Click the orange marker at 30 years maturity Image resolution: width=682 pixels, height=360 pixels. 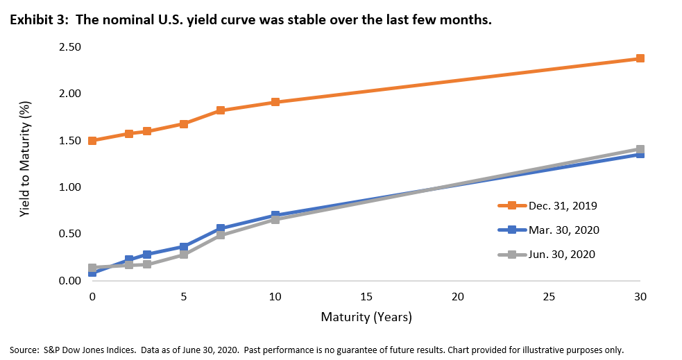pyautogui.click(x=640, y=58)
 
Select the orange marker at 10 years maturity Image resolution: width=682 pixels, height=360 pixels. pyautogui.click(x=275, y=102)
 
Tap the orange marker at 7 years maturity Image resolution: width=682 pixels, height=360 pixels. pyautogui.click(x=221, y=110)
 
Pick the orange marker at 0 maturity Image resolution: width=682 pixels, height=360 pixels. pyautogui.click(x=92, y=140)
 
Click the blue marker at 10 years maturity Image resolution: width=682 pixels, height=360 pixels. pyautogui.click(x=275, y=216)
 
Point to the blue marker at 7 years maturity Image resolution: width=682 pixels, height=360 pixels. pyautogui.click(x=221, y=228)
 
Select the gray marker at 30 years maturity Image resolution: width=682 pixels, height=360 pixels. pyautogui.click(x=640, y=149)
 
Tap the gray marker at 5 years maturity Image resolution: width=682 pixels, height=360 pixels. pyautogui.click(x=184, y=255)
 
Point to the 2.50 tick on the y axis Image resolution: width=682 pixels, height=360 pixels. pyautogui.click(x=69, y=47)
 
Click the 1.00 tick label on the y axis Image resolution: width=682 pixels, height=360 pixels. pyautogui.click(x=69, y=187)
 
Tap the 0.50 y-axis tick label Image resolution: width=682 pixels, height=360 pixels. pyautogui.click(x=69, y=234)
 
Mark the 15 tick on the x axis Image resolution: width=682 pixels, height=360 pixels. pyautogui.click(x=366, y=296)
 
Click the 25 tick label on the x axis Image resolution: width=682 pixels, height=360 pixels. pyautogui.click(x=549, y=296)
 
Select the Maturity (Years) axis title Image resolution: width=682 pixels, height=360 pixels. pyautogui.click(x=366, y=318)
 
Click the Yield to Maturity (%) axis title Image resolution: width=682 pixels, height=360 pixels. pyautogui.click(x=24, y=164)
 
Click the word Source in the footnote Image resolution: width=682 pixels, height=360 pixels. pyautogui.click(x=24, y=350)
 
